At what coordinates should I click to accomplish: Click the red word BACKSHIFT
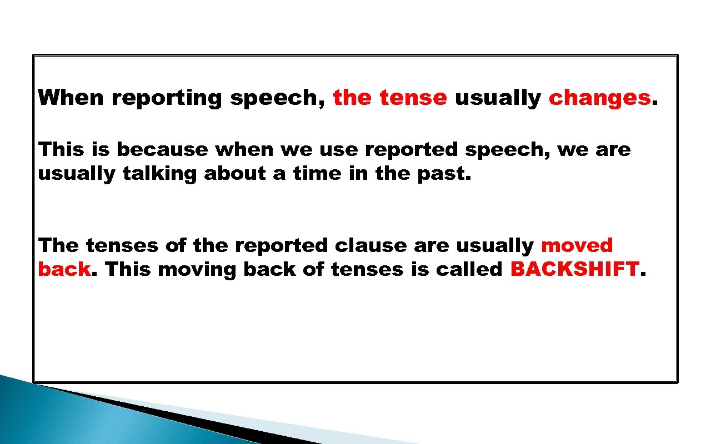click(574, 269)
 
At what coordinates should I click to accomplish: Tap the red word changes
click(599, 98)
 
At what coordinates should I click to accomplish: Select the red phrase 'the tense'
click(389, 98)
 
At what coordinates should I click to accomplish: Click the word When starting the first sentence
click(71, 98)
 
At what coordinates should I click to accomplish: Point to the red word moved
click(577, 245)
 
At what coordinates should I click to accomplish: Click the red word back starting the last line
click(64, 269)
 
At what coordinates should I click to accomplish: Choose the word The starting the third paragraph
click(58, 245)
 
